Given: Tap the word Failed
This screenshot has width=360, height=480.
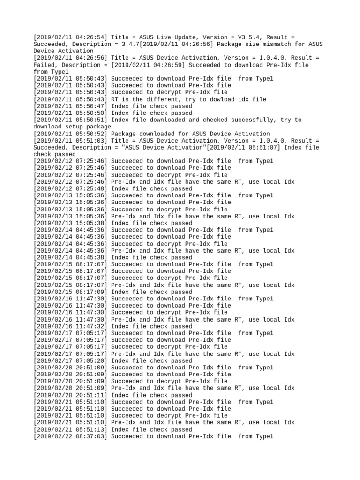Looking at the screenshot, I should click(x=46, y=65).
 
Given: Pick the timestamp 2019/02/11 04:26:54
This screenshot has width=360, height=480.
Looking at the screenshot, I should click(x=70, y=37).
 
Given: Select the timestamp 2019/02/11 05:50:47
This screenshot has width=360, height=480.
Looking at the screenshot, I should click(x=70, y=106).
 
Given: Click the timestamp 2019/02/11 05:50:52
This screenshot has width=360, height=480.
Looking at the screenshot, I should click(x=70, y=134).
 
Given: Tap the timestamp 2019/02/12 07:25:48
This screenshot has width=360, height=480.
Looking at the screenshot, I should click(x=70, y=188).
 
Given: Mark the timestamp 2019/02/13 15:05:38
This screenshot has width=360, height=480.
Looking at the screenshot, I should click(x=70, y=223).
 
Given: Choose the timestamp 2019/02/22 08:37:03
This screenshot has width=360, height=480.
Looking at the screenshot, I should click(x=70, y=436).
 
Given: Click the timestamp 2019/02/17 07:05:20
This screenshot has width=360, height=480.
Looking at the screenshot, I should click(x=70, y=361).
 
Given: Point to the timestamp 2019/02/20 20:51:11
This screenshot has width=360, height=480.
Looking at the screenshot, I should click(x=70, y=395).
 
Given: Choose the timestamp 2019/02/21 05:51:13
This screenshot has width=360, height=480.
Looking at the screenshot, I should click(x=70, y=429).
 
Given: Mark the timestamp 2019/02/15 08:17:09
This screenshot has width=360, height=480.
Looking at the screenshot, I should click(x=70, y=292).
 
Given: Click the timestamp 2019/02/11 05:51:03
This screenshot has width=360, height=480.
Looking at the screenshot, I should click(x=70, y=141).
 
